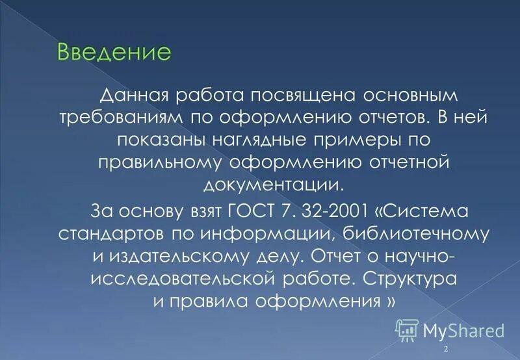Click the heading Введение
coord(114,51)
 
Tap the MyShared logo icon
coord(407,330)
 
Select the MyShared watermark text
coord(463,331)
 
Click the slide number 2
coord(446,350)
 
